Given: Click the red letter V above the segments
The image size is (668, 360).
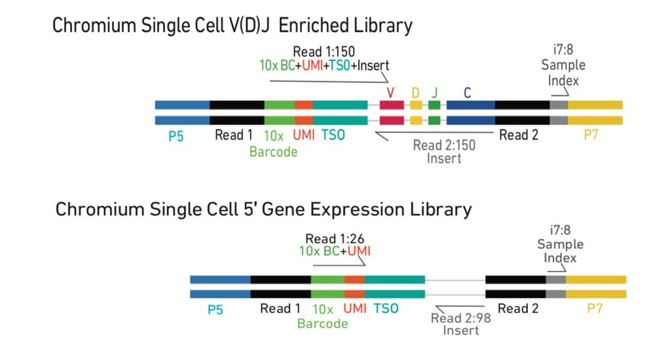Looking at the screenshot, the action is point(390,92).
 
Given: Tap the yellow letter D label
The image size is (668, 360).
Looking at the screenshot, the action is point(415,93).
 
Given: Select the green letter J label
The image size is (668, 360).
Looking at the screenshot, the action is point(434,93).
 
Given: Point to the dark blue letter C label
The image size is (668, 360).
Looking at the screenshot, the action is point(467,93).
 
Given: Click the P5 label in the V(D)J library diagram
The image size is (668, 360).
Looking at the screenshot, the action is point(176,136).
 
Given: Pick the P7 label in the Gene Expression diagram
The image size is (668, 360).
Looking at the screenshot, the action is point(595,308).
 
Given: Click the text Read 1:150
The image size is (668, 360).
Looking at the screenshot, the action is point(324,52).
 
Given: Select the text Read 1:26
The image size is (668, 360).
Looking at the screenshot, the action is point(335,238).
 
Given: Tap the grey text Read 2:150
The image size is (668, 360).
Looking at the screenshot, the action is point(444,145).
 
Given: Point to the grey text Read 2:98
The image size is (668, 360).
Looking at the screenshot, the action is point(460,318).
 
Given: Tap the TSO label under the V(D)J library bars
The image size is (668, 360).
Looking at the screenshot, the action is point(333,135).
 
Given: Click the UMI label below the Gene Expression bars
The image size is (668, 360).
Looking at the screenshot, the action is point(354,308).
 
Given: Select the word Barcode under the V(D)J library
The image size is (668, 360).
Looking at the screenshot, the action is point(273,152).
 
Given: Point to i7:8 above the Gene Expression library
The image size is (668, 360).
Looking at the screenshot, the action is point(560,230).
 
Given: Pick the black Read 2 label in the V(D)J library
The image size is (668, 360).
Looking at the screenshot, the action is point(519,135).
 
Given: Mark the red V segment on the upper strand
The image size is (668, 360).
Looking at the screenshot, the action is point(392,105).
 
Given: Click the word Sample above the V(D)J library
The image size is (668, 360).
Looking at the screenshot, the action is point(563,65).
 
